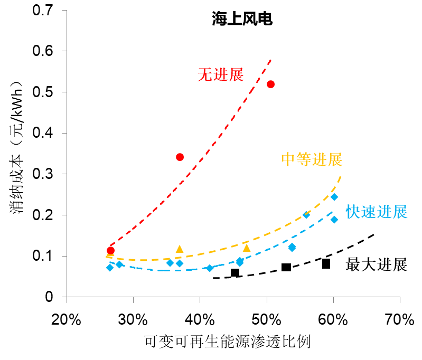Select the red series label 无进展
tap(220, 75)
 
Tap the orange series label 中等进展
tap(312, 159)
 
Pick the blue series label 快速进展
tap(377, 212)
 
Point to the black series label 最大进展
tap(377, 264)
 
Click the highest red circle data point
tap(271, 84)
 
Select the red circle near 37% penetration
tap(180, 157)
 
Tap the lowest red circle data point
tap(110, 251)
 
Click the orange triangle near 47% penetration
tap(247, 248)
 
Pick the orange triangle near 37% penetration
tap(180, 249)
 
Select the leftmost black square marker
tap(235, 273)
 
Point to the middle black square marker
tap(286, 268)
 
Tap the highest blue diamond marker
tap(334, 197)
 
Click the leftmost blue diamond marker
tap(110, 268)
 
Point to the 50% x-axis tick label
tap(267, 320)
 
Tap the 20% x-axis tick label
tap(67, 320)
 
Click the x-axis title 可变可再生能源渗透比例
tap(227, 342)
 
